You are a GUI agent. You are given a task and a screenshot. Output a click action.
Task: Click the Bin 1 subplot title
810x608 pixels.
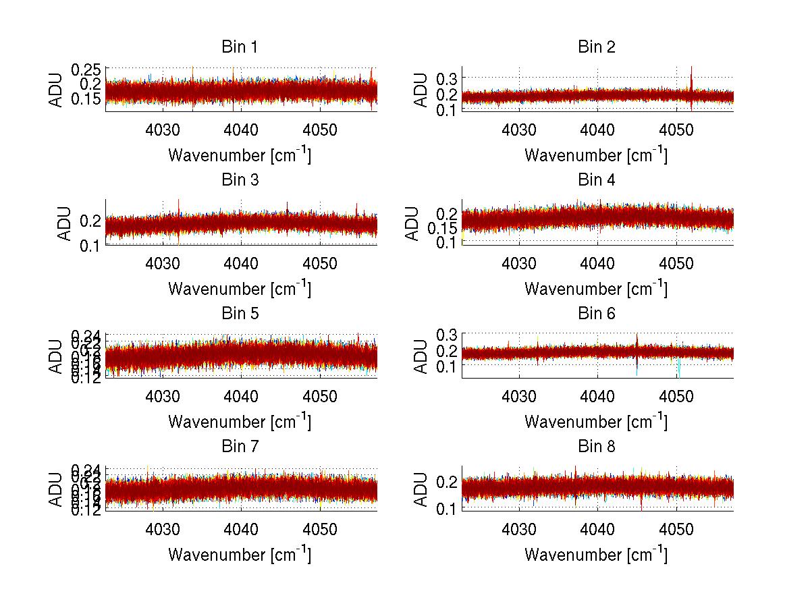pyautogui.click(x=240, y=47)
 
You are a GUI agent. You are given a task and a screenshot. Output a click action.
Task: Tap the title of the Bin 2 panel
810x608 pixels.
pyautogui.click(x=597, y=47)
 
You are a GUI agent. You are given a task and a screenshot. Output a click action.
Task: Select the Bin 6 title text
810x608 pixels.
pyautogui.click(x=597, y=314)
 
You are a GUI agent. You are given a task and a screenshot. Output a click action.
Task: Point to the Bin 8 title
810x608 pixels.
pyautogui.click(x=597, y=447)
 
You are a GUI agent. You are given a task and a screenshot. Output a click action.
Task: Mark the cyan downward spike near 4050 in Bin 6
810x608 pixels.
pyautogui.click(x=678, y=370)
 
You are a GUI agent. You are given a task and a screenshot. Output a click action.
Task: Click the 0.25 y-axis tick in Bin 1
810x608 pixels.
pyautogui.click(x=86, y=69)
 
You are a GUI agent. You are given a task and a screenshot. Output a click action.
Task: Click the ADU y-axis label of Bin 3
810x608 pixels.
pyautogui.click(x=63, y=223)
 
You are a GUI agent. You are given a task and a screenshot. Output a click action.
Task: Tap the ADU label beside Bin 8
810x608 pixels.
pyautogui.click(x=420, y=489)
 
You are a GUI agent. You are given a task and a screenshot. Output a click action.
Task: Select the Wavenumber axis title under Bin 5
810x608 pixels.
pyautogui.click(x=240, y=422)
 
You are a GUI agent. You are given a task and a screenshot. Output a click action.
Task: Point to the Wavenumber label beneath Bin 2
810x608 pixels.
pyautogui.click(x=596, y=155)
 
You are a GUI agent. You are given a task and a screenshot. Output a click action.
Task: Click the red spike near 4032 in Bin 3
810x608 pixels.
pyautogui.click(x=178, y=206)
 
